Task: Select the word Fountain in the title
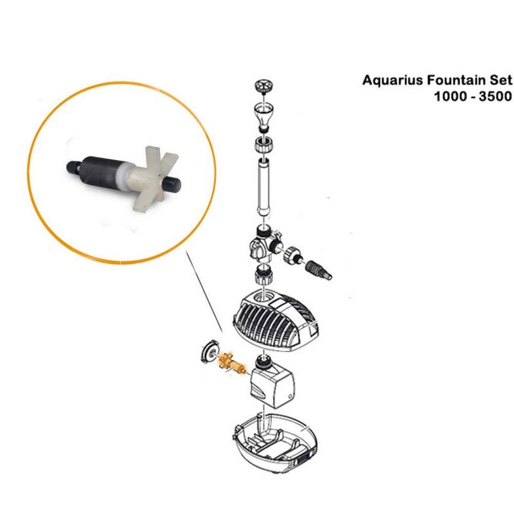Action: pos(454,80)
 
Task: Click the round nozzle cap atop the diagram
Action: pos(263,85)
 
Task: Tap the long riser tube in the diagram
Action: pos(263,186)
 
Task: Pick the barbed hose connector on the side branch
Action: pos(318,269)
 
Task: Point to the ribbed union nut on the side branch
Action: pos(292,254)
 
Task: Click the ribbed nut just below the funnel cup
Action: pos(264,144)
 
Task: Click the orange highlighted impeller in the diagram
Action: pos(231,363)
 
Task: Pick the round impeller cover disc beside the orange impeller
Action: pos(209,352)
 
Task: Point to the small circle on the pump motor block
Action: pos(290,395)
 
